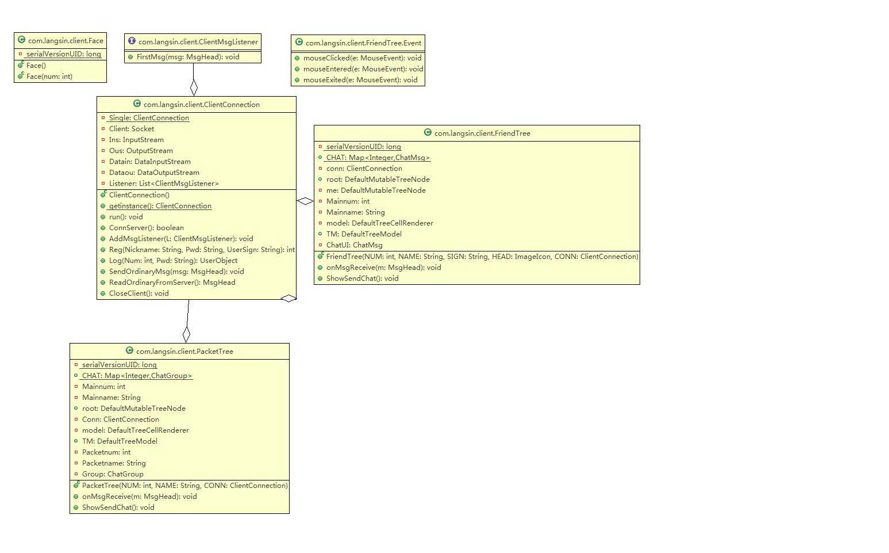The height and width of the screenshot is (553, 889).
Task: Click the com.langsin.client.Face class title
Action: tap(66, 41)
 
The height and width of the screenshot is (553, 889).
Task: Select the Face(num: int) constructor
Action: tap(49, 77)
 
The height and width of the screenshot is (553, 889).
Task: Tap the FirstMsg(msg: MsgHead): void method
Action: tap(188, 57)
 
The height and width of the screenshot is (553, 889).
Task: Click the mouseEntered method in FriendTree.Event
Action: tap(363, 69)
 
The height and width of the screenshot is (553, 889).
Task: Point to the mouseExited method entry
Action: tap(360, 80)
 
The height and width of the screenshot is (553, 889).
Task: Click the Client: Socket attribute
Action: tap(132, 129)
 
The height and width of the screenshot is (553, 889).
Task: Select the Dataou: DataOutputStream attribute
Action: tap(154, 173)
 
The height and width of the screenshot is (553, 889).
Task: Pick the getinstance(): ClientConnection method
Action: tap(160, 206)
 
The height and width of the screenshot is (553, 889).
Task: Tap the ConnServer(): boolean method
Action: tap(147, 228)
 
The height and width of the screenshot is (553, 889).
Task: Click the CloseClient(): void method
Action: tap(139, 293)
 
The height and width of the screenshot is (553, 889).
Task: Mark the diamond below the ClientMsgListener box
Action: tap(194, 88)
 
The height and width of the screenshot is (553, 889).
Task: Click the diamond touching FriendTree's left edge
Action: tap(305, 201)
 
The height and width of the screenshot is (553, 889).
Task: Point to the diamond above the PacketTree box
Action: tap(186, 334)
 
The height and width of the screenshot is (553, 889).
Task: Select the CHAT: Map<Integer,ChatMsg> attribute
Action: tap(378, 158)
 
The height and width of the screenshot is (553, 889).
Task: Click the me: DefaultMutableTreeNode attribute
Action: tap(376, 190)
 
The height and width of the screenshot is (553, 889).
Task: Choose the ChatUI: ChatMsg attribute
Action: tap(354, 245)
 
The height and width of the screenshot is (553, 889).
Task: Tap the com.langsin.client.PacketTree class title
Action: tap(184, 352)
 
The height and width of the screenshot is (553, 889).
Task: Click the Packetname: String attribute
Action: tap(114, 463)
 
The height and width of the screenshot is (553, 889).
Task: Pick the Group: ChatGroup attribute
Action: tap(113, 474)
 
